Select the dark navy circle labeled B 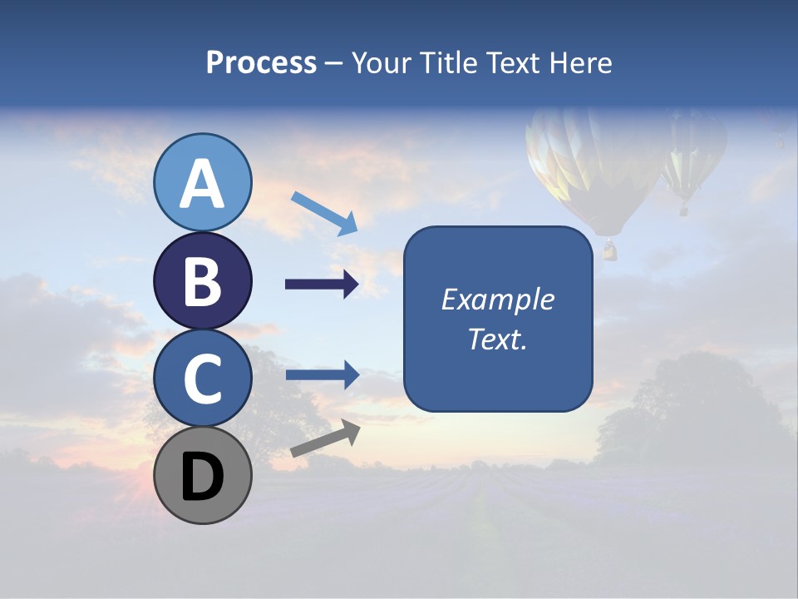(203, 281)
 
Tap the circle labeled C (203, 379)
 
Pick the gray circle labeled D (203, 476)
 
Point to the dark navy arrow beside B (322, 285)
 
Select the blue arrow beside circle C (322, 375)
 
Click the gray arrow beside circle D (325, 438)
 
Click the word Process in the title (261, 62)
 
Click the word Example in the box (497, 299)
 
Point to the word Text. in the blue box (497, 339)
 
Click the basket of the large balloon (610, 250)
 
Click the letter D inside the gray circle (203, 478)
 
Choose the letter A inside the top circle (203, 185)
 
